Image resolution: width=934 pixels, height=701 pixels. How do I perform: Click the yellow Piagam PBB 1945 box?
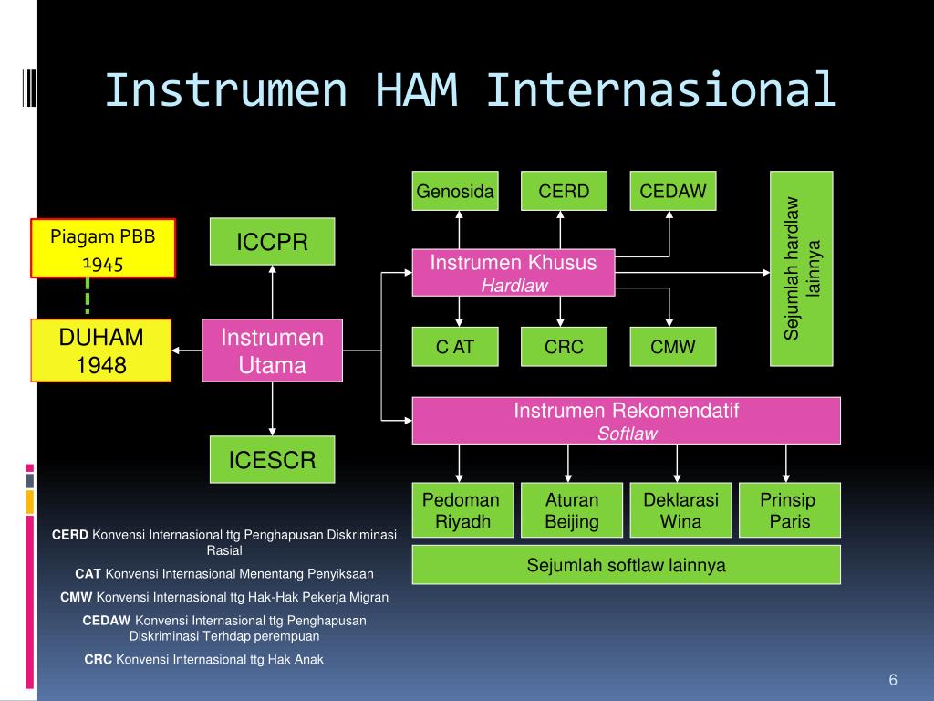click(103, 248)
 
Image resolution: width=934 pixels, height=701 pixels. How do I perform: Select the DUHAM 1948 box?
click(101, 350)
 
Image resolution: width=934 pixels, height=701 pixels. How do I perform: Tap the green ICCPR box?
click(272, 241)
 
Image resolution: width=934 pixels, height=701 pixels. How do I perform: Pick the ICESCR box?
click(272, 459)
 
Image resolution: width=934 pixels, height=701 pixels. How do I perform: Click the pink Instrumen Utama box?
click(272, 350)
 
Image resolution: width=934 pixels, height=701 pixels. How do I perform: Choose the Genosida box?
click(455, 191)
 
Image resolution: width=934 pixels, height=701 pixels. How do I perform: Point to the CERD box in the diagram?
click(564, 191)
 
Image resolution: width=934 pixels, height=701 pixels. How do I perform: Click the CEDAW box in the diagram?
click(673, 191)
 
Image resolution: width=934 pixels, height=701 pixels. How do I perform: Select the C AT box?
click(455, 346)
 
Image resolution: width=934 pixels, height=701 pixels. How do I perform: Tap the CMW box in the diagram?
click(673, 346)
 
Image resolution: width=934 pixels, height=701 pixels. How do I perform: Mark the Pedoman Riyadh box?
click(462, 510)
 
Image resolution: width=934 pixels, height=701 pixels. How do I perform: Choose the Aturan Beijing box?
click(572, 510)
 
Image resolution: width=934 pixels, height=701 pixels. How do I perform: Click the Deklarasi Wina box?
click(680, 510)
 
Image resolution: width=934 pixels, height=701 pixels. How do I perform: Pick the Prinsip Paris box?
click(790, 510)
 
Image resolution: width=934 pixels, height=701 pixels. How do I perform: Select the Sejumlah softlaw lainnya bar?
click(627, 564)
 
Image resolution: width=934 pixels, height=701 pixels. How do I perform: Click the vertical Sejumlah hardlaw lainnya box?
click(802, 269)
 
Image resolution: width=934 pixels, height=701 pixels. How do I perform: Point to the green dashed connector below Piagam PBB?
click(88, 297)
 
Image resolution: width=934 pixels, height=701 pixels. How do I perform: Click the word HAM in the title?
click(416, 90)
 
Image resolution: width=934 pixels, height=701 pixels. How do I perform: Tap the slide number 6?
click(893, 679)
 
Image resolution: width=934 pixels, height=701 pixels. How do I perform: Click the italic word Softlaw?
click(628, 434)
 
